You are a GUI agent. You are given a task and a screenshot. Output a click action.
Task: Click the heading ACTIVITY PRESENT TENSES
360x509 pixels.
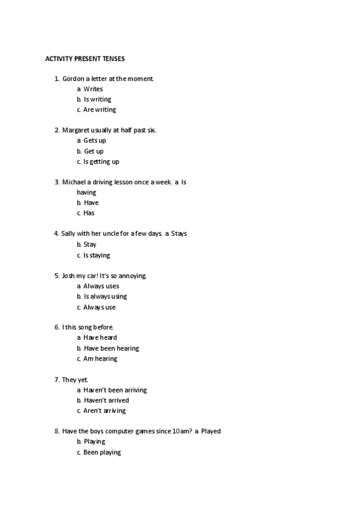coord(85,59)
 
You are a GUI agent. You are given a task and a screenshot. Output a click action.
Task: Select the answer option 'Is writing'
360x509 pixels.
coord(97,99)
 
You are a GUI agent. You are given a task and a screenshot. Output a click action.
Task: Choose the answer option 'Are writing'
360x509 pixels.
coord(100,110)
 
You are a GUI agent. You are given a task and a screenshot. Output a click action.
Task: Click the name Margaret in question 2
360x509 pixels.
coord(76,130)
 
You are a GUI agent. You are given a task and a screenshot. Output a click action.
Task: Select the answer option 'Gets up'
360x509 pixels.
coord(95,140)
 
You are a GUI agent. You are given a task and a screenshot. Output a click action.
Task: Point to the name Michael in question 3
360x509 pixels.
coord(74,182)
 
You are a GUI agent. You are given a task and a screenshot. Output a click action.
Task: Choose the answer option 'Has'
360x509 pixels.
coord(89,213)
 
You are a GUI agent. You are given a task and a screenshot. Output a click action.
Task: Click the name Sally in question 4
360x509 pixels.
coord(69,233)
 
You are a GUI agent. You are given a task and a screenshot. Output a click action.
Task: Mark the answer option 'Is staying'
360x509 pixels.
coord(97,255)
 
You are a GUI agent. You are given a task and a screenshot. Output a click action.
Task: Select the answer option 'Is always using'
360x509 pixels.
coord(105,297)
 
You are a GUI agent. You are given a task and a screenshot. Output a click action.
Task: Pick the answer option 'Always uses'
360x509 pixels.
coord(101,286)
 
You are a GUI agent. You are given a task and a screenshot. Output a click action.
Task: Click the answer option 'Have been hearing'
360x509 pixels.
coord(111,348)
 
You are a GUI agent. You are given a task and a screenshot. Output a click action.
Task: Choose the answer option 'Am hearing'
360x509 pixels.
coord(100,359)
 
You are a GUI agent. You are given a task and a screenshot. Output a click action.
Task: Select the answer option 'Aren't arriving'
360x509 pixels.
coord(104,411)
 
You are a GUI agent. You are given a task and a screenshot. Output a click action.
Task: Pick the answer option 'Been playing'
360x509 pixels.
coord(102,453)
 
